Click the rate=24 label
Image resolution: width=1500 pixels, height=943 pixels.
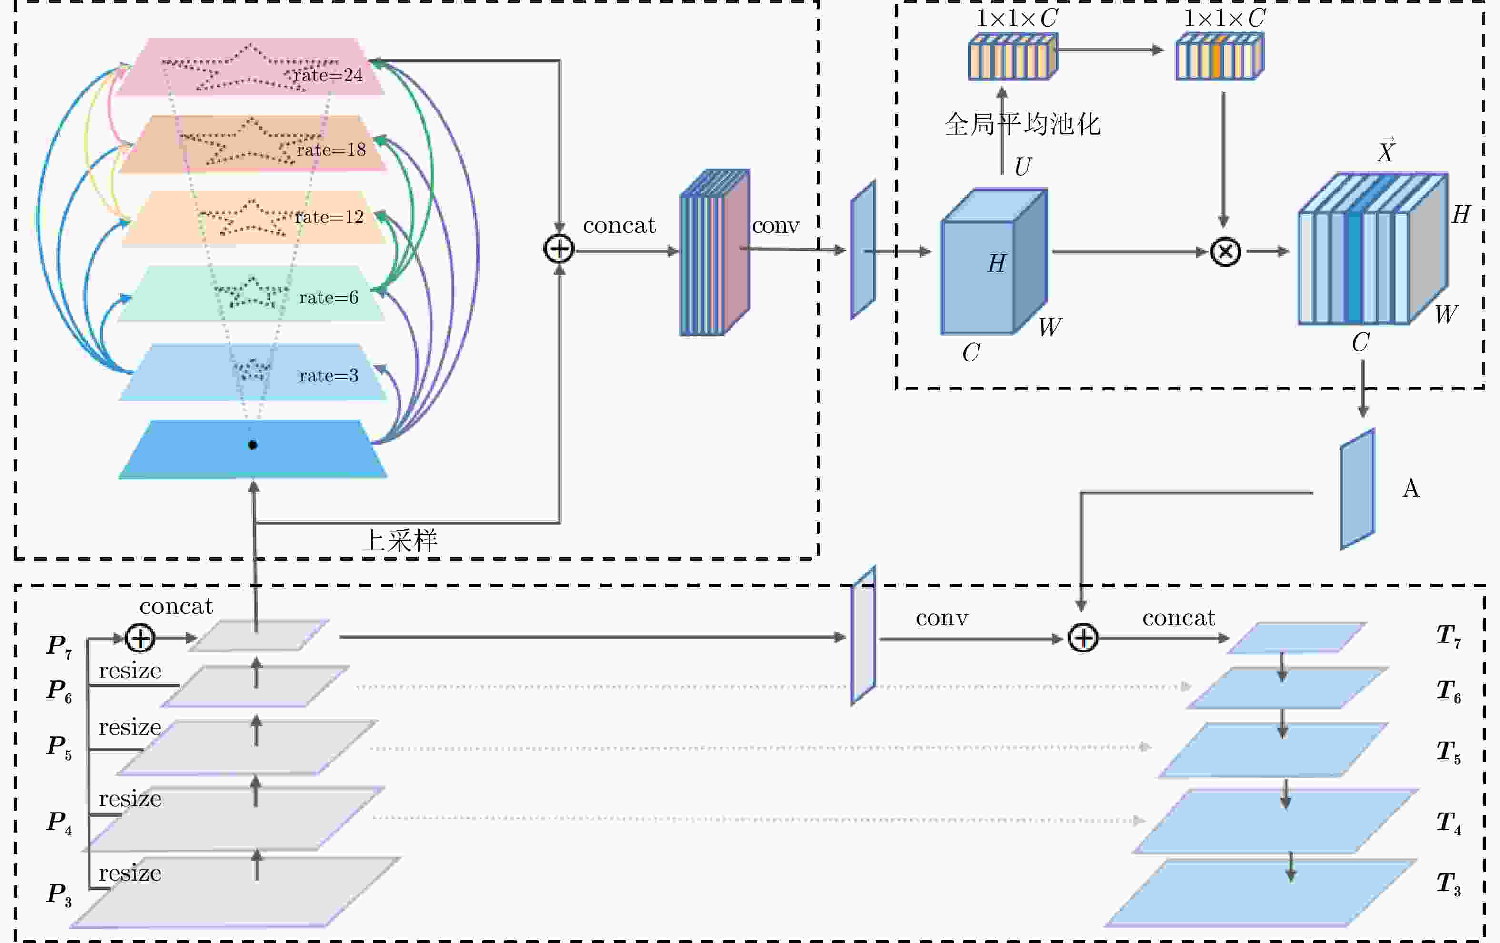(x=328, y=75)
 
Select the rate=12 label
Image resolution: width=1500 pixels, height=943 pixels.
(x=329, y=217)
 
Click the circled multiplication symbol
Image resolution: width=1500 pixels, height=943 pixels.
(x=1225, y=252)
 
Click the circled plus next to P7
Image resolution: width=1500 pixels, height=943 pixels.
(x=140, y=638)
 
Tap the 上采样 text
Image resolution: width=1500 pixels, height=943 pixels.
(x=400, y=540)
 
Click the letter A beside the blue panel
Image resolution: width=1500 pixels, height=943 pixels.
(x=1411, y=488)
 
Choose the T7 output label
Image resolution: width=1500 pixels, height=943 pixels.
(x=1448, y=637)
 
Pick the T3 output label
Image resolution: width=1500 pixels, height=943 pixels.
(x=1448, y=884)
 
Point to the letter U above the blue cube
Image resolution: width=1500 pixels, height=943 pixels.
(x=1022, y=166)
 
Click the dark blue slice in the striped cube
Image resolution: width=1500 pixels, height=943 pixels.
(x=1353, y=268)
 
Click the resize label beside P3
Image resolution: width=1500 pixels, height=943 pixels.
(x=130, y=873)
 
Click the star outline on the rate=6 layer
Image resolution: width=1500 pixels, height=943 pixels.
(x=250, y=291)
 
